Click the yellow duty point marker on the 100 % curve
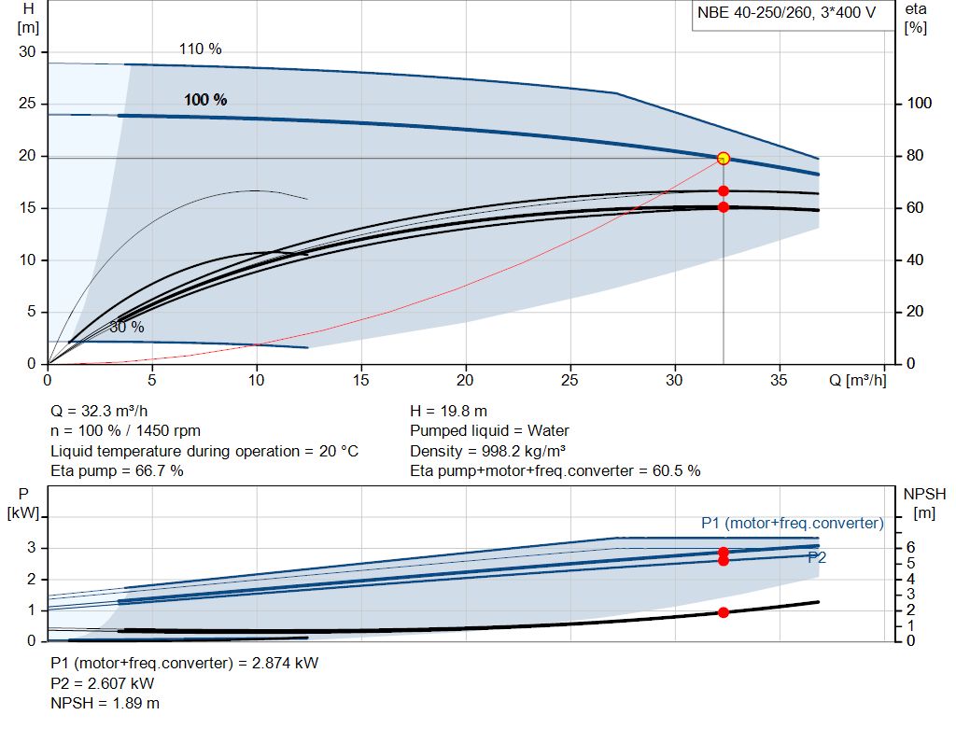click(724, 159)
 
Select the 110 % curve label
click(201, 49)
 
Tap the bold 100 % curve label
click(205, 100)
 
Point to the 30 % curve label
click(127, 328)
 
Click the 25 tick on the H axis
click(28, 104)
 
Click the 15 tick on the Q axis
click(361, 380)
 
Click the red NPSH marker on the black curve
click(724, 612)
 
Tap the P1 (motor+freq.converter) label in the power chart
click(792, 523)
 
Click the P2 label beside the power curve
click(817, 557)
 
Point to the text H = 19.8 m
click(449, 411)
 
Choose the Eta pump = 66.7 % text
click(117, 471)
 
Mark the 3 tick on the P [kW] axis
click(31, 548)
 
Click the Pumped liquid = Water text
click(489, 431)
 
